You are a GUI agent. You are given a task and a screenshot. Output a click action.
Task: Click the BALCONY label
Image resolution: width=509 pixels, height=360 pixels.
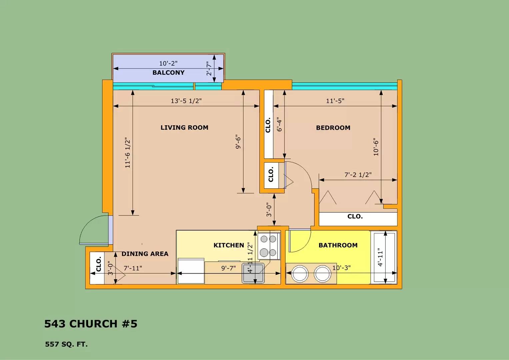(168, 73)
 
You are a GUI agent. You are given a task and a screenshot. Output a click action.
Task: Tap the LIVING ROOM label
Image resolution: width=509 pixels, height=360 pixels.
(184, 128)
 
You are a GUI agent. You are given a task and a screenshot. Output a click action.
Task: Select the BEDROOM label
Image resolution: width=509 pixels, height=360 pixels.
(333, 128)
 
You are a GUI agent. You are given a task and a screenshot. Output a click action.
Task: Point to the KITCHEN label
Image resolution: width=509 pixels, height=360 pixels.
(229, 245)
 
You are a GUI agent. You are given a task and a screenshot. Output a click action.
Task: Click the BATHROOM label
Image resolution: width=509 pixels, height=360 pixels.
(338, 245)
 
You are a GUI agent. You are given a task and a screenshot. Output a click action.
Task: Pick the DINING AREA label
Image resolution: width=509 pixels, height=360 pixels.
(145, 254)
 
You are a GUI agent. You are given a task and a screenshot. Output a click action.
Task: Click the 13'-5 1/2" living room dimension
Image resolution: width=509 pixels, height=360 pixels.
(186, 101)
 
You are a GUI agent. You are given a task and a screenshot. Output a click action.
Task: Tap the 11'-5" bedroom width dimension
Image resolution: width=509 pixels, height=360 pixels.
(335, 101)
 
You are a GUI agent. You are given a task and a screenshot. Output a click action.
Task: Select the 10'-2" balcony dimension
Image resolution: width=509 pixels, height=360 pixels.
(168, 63)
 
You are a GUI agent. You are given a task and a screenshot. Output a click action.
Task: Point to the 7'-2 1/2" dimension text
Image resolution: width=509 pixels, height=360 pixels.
(358, 175)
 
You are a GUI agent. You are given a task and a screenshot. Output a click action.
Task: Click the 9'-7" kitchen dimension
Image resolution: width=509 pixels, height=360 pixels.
(228, 268)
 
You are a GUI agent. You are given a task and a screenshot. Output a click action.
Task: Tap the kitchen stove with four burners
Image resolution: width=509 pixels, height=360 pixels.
(269, 246)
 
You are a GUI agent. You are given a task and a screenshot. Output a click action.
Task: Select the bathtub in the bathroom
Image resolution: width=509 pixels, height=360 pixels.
(384, 257)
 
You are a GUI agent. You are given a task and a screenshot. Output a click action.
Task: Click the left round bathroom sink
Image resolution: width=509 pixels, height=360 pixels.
(300, 274)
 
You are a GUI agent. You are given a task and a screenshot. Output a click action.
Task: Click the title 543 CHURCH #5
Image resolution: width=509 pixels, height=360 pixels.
(91, 324)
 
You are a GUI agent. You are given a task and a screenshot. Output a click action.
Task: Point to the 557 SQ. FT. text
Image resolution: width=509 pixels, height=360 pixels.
(66, 344)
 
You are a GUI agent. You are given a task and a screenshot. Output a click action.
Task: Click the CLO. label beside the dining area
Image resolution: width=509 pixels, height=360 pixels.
(99, 264)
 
